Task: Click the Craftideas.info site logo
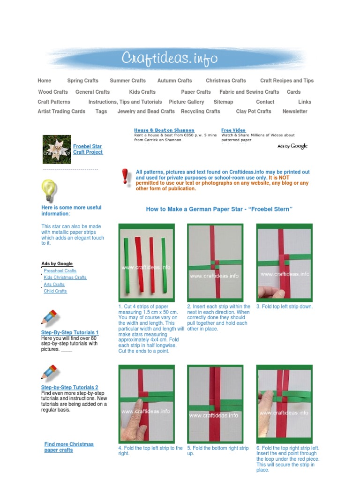(170, 58)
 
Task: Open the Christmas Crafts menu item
(225, 81)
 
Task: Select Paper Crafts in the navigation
(196, 92)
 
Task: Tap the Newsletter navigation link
(295, 112)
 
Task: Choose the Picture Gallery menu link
(187, 102)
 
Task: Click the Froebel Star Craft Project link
(88, 150)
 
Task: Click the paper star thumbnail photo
(57, 149)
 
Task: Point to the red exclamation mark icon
(125, 177)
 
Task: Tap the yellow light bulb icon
(49, 190)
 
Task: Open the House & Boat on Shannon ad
(164, 130)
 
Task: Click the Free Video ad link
(233, 130)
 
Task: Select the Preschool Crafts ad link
(60, 271)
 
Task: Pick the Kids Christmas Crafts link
(65, 277)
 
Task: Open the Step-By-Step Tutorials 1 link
(70, 332)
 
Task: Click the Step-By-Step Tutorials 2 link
(70, 388)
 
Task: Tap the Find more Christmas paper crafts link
(69, 447)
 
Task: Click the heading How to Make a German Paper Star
(219, 209)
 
